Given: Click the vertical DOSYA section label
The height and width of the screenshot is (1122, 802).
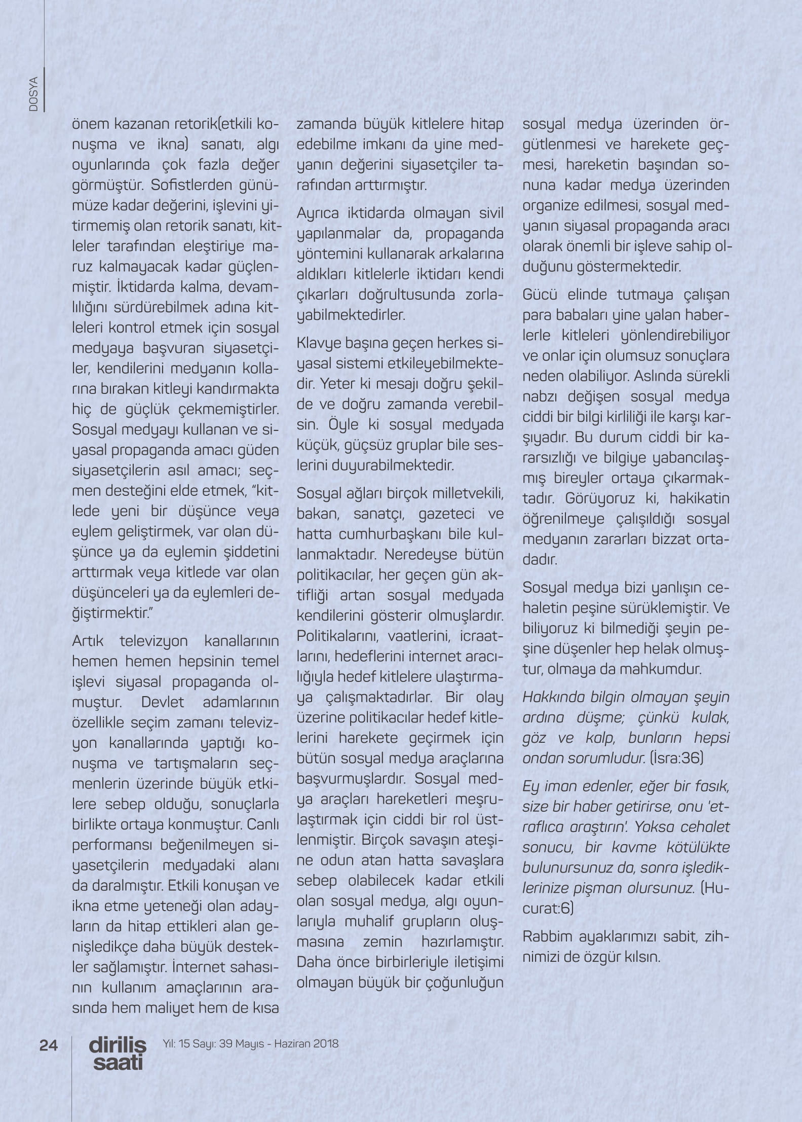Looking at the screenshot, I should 34,95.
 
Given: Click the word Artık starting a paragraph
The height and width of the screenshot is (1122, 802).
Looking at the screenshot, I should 89,641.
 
